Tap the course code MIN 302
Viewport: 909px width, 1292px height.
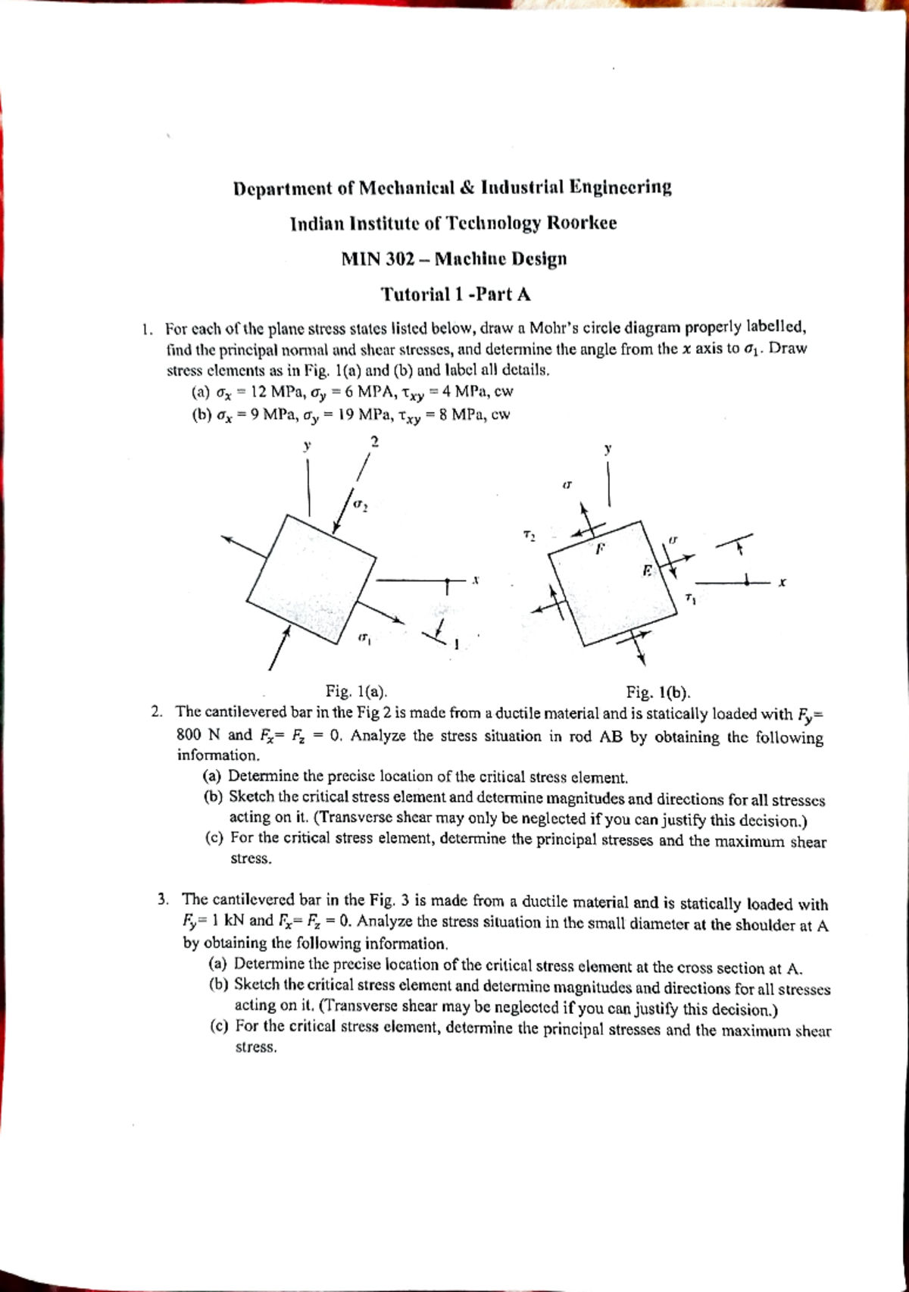pos(376,259)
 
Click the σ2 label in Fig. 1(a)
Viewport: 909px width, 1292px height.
pos(361,503)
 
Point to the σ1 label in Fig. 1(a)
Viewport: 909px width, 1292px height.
pos(364,639)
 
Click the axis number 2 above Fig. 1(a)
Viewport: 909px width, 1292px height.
pos(374,440)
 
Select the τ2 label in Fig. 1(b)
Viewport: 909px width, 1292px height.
pos(529,536)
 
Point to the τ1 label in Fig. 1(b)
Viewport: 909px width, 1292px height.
pos(690,599)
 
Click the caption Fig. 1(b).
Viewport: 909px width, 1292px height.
pos(658,692)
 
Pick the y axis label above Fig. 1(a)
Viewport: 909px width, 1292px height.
pos(307,446)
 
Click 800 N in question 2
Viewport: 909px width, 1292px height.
pos(198,734)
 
